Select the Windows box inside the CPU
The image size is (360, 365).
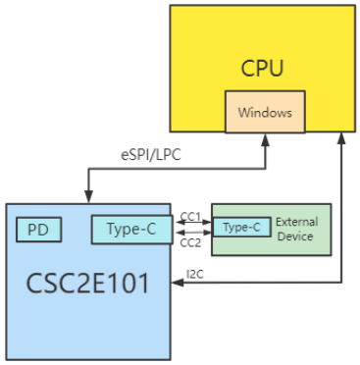point(264,113)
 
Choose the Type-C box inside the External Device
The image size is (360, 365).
point(241,228)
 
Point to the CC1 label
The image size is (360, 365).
point(189,215)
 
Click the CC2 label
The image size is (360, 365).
point(189,241)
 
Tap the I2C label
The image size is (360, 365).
point(195,273)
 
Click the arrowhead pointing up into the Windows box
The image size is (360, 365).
point(264,139)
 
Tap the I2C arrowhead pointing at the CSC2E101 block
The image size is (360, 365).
point(178,284)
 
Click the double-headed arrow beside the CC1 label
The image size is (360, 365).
point(192,224)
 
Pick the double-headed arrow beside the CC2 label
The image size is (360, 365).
point(192,234)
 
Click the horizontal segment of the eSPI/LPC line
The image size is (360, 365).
point(177,168)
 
